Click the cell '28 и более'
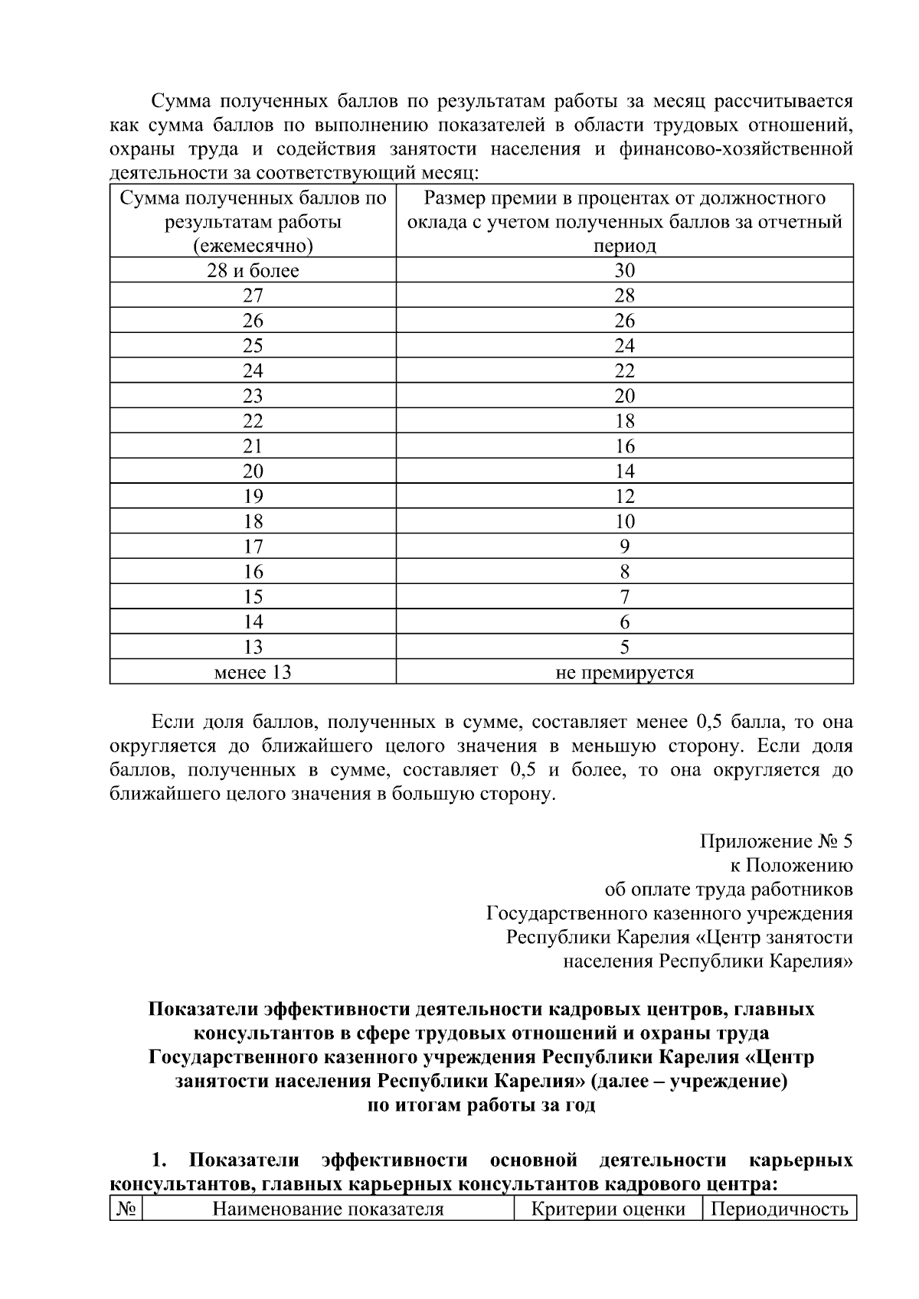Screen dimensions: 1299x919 click(253, 270)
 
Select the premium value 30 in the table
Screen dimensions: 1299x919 click(624, 270)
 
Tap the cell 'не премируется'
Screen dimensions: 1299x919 click(624, 673)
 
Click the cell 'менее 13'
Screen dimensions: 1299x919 click(253, 673)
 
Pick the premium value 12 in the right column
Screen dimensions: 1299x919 click(624, 497)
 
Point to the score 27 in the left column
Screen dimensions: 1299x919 click(253, 295)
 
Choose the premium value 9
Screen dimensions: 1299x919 click(624, 547)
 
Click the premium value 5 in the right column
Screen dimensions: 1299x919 click(624, 648)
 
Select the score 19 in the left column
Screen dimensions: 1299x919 click(253, 497)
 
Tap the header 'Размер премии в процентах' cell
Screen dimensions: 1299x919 click(624, 221)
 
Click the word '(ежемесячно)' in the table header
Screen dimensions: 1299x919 click(253, 246)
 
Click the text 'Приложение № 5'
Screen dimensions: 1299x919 click(776, 842)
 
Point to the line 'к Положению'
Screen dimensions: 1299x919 click(791, 866)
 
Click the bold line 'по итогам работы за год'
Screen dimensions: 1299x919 click(482, 1105)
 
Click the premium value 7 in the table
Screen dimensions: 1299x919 click(624, 597)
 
